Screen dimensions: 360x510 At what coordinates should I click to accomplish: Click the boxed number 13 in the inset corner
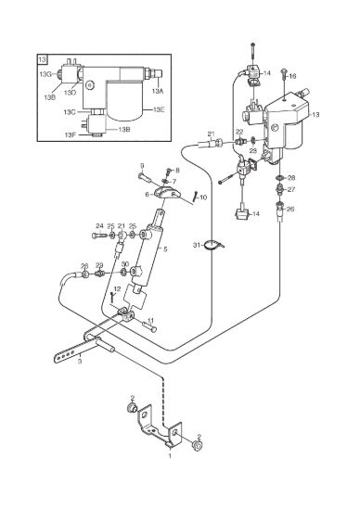point(43,59)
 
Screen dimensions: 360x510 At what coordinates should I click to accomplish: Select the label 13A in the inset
point(158,91)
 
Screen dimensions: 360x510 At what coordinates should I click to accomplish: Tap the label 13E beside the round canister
point(160,109)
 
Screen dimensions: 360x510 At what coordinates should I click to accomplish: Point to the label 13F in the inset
point(70,134)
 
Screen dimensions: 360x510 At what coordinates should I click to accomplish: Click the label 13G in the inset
point(45,74)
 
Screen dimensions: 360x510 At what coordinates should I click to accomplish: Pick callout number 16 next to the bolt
point(292,76)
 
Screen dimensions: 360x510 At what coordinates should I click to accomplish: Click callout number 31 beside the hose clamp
point(197,245)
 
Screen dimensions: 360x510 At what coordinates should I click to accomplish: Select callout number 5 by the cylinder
point(165,249)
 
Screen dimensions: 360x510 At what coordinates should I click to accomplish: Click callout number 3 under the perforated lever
point(80,362)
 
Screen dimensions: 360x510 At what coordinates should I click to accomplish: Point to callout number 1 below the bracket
point(170,456)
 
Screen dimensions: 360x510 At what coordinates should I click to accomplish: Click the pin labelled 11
point(149,326)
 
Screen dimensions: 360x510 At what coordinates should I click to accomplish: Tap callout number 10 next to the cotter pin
point(203,198)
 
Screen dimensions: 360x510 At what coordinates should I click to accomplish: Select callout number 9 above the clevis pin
point(142,166)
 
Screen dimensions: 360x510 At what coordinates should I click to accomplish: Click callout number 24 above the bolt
point(99,225)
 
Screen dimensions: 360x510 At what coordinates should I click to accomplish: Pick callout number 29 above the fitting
point(99,265)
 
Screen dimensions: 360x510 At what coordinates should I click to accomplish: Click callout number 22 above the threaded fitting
point(239,132)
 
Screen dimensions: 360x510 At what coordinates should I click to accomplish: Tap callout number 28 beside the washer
point(291,178)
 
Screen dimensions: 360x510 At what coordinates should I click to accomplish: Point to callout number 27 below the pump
point(291,189)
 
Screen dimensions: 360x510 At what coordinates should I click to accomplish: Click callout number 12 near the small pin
point(117,288)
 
